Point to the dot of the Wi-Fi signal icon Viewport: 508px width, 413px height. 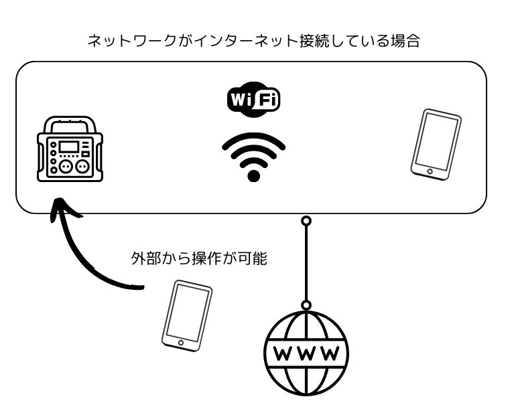(x=253, y=176)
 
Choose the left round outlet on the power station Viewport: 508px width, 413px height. (x=65, y=165)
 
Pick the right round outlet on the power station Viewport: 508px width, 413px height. (x=81, y=165)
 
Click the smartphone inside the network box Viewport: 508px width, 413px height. (x=436, y=143)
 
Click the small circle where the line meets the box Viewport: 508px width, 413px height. (x=306, y=220)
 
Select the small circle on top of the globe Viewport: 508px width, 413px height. (x=306, y=305)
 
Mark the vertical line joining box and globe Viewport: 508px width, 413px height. (x=306, y=262)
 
